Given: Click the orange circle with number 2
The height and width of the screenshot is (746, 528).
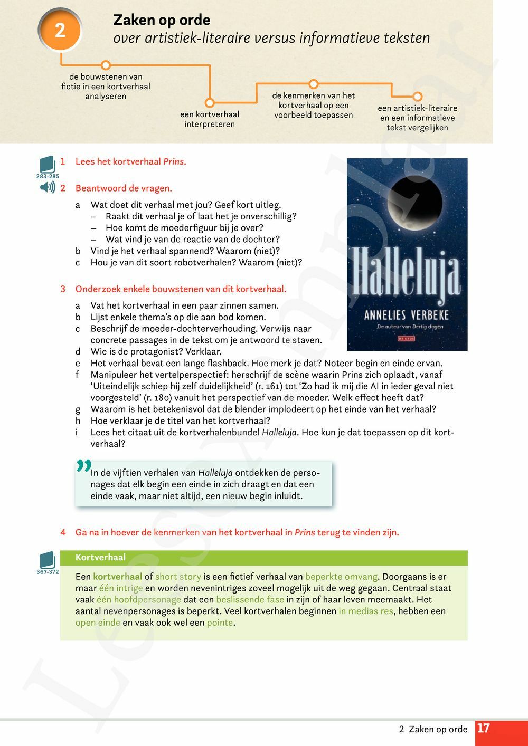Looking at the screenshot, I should tap(60, 30).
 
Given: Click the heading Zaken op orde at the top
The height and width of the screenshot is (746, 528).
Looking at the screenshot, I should tap(162, 20).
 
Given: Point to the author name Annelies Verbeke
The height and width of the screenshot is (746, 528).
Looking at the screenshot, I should tap(407, 315).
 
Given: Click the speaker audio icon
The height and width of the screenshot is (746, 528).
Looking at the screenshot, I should tap(48, 187).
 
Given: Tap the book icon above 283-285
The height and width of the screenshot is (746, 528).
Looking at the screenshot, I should tap(47, 164).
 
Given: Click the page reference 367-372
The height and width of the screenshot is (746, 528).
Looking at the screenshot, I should tap(48, 572).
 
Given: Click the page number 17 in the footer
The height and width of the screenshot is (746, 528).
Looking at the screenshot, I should tap(483, 729).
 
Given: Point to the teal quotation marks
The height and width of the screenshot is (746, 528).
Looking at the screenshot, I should tap(83, 466).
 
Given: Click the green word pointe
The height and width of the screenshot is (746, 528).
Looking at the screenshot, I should tap(220, 623).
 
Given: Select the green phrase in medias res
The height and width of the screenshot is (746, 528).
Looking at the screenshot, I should tap(366, 611).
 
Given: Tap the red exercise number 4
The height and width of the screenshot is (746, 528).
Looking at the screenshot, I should tap(63, 532).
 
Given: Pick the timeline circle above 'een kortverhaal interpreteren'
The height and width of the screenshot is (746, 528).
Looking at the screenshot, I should tap(210, 103).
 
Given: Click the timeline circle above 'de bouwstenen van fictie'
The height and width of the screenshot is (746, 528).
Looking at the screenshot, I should tap(106, 65).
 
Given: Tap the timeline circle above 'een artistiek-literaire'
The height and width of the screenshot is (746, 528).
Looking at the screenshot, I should tap(417, 97).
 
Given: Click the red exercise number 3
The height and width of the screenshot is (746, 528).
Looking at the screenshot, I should tap(63, 289).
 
